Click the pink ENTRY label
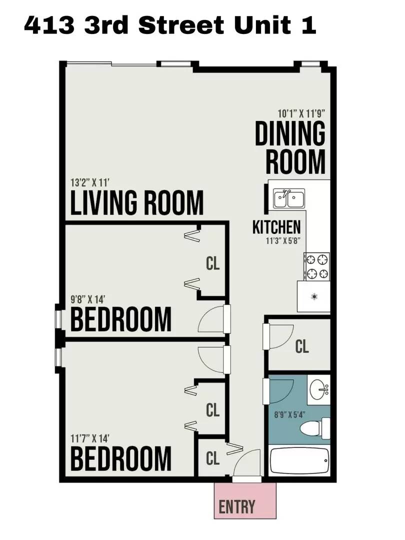tap(237, 506)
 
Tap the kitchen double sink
tap(289, 198)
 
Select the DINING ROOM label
tap(290, 147)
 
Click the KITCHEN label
tap(276, 227)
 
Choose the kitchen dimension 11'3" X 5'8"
tap(283, 240)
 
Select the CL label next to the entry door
tap(213, 458)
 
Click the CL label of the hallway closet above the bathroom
tap(302, 346)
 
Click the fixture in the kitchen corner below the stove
tap(314, 296)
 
